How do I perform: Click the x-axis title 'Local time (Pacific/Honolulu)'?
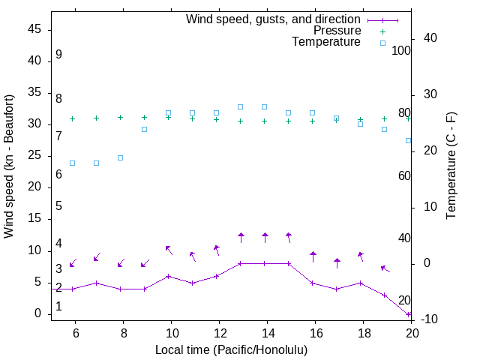231,349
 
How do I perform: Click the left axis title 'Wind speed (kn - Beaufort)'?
9,166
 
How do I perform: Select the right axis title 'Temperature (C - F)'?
451,166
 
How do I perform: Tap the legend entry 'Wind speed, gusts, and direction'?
273,19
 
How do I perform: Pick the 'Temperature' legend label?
326,42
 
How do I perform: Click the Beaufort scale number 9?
58,55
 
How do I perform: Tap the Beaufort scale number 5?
58,206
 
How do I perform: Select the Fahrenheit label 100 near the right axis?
402,50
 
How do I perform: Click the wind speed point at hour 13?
241,263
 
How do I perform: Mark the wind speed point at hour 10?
169,276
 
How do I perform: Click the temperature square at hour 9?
145,129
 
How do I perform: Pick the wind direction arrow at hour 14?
265,238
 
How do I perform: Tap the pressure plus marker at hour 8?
121,117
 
